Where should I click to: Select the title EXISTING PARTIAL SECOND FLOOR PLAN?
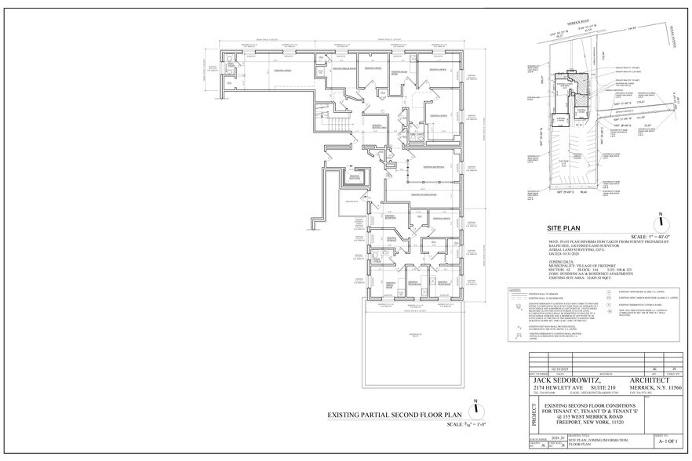[381, 416]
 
